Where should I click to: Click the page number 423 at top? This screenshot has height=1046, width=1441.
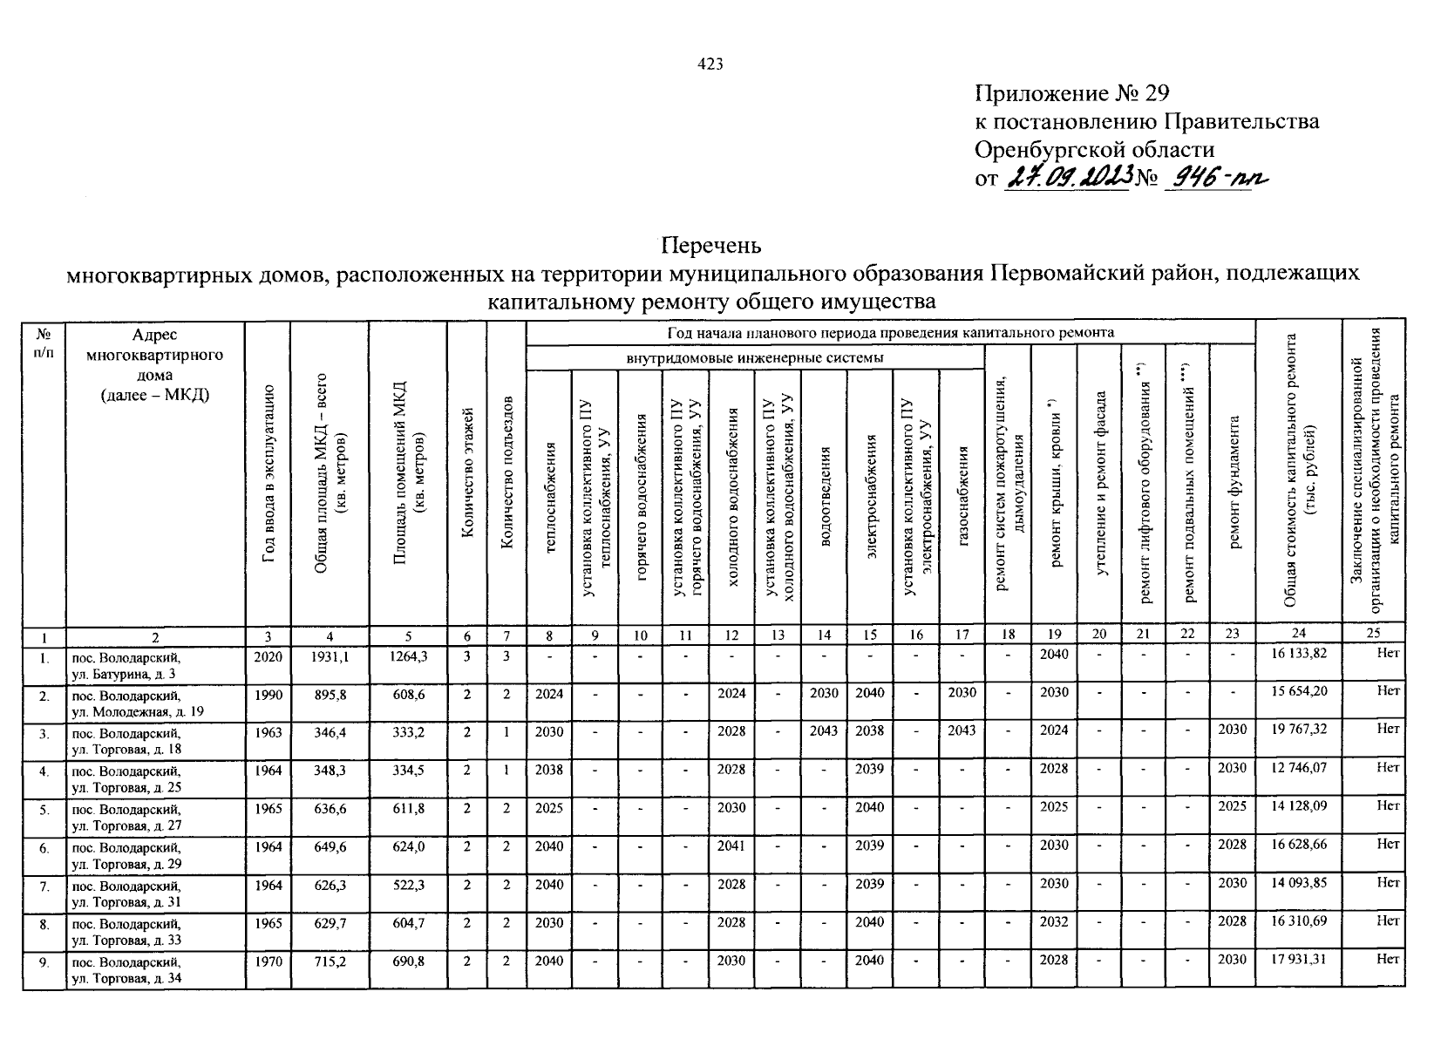[711, 65]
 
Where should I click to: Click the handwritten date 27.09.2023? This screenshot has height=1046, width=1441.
[1068, 179]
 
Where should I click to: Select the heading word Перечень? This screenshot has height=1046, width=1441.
[711, 244]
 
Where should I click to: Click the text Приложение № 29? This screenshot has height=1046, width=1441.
[1071, 93]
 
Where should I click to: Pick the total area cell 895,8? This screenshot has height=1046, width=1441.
[330, 693]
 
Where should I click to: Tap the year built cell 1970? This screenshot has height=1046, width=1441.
[268, 961]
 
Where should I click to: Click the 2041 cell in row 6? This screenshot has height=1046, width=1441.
[731, 846]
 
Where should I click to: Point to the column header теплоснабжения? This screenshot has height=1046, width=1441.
[549, 497]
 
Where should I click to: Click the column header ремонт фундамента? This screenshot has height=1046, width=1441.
[1233, 482]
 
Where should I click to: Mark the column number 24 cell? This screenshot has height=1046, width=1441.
[1298, 635]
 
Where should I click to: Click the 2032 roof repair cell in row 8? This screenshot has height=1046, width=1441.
[1053, 922]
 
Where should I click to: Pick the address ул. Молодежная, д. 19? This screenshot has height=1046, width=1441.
[138, 712]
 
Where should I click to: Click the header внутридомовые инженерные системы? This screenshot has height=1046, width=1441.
[755, 358]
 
